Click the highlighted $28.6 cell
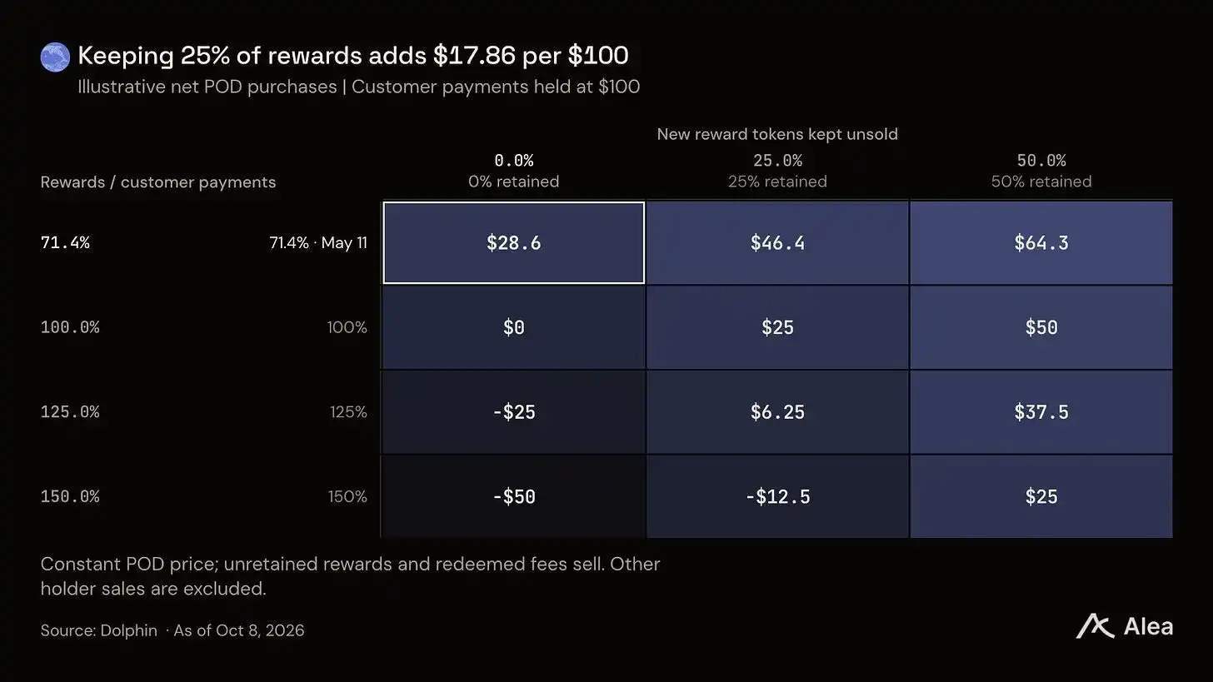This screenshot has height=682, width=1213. [x=513, y=242]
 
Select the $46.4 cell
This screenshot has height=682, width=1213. [x=777, y=242]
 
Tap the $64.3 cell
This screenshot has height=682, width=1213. [x=1041, y=242]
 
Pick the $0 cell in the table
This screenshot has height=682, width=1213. [x=513, y=327]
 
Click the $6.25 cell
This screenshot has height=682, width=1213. [x=777, y=412]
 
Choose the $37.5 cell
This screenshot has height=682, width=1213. [x=1041, y=412]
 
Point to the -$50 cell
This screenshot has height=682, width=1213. [x=513, y=496]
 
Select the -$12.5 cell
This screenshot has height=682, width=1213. [x=777, y=496]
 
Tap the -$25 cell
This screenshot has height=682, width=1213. [x=513, y=412]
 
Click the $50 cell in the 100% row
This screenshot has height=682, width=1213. [x=1041, y=327]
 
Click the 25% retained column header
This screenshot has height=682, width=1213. [x=777, y=171]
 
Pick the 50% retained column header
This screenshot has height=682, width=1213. [x=1041, y=171]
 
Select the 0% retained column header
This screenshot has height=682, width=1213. [x=513, y=171]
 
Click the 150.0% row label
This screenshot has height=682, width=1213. [x=70, y=496]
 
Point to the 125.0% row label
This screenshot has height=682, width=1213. [x=70, y=412]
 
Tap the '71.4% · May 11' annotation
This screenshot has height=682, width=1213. [x=318, y=242]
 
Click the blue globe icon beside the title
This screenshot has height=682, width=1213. [x=55, y=57]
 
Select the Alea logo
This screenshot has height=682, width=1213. [x=1124, y=626]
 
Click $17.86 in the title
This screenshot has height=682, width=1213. [x=474, y=55]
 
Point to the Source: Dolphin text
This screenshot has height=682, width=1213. [x=99, y=630]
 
